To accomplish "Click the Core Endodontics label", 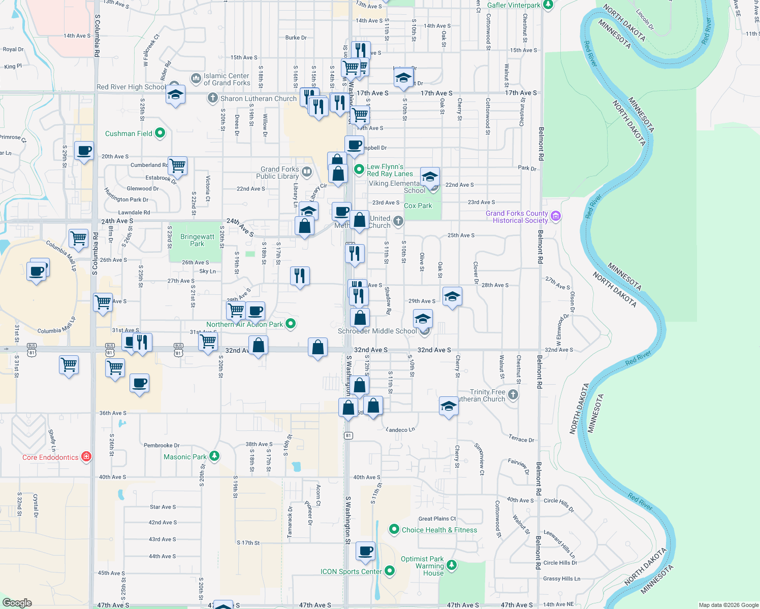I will pos(50,457).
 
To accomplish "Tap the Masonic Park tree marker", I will pos(214,456).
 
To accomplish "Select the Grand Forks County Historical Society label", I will pos(517,217).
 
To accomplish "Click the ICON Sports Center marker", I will pos(390,571).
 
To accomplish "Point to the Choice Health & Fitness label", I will pos(439,530).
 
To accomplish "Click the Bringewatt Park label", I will pos(197,240).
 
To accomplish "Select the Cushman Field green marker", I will pos(160,133).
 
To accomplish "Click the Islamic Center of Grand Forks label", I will pos(227,79).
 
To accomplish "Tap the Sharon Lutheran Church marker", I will pos(212,98).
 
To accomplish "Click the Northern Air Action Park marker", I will pos(291,323).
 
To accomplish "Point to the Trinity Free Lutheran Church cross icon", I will pos(513,394).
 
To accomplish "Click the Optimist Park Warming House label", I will pos(422,566).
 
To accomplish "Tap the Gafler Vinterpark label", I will pos(514,5).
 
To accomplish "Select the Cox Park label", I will pos(418,206).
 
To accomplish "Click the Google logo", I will pos(17,603).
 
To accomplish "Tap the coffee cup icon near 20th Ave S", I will pos(84,150).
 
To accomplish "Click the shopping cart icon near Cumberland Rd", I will pos(177,165).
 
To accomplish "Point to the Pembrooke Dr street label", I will pos(162,446).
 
